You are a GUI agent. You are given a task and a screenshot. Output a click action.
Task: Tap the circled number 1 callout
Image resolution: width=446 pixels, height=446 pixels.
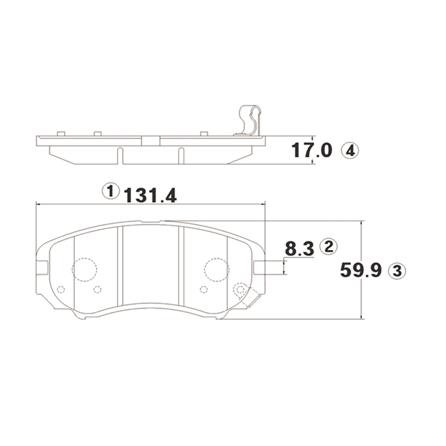click(x=111, y=191)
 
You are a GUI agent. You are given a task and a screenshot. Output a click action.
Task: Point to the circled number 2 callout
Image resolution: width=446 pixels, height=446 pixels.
click(x=329, y=246)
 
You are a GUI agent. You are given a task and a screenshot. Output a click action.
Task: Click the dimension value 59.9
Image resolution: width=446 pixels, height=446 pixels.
click(x=361, y=270)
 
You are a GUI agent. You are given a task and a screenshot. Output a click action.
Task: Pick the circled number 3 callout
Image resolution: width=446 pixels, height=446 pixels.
click(x=397, y=271)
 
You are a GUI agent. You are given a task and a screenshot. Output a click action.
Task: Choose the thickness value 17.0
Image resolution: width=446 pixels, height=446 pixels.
click(x=311, y=150)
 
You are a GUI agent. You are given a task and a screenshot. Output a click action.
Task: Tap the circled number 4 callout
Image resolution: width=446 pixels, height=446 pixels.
click(x=350, y=151)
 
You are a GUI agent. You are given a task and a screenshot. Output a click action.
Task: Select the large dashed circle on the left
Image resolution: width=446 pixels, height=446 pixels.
click(x=84, y=269)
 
